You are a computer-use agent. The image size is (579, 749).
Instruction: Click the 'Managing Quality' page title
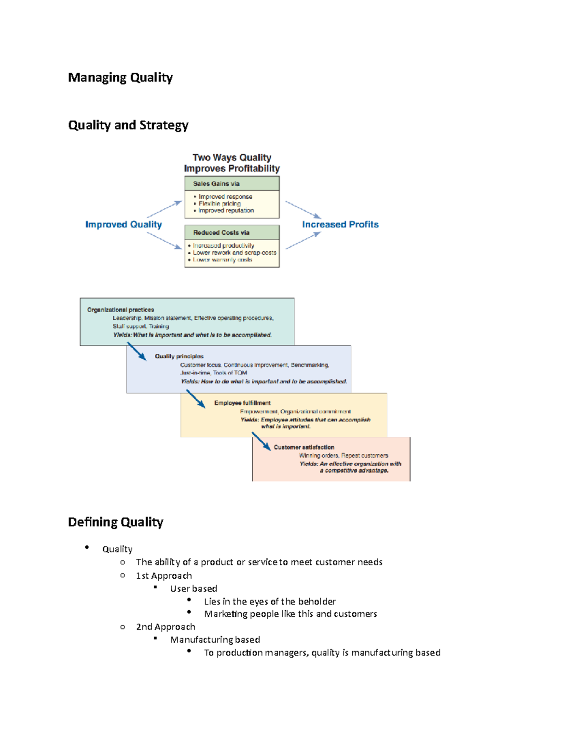120,78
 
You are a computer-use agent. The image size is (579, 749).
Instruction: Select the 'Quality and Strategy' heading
128,125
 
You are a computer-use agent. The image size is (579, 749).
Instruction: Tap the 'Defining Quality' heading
115,522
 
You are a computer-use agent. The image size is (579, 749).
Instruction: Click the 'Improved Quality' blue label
124,225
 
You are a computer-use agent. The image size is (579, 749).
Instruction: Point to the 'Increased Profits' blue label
340,225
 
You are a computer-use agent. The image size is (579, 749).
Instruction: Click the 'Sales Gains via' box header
216,184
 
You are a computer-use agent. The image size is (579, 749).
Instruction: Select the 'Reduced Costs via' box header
221,232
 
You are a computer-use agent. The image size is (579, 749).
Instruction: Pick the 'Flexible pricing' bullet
220,204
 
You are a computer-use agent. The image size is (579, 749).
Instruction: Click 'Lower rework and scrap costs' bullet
234,253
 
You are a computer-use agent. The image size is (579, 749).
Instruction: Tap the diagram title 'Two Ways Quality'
232,158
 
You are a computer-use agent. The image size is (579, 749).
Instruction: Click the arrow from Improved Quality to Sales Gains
164,209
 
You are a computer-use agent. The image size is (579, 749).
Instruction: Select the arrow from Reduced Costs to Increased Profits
303,241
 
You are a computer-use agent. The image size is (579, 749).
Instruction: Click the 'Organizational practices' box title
121,310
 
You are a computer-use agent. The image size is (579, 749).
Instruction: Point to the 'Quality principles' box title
179,356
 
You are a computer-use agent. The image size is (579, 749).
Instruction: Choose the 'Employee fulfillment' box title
242,403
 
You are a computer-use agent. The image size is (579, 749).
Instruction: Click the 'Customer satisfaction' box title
304,448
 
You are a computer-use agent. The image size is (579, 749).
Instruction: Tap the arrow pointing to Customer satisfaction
261,441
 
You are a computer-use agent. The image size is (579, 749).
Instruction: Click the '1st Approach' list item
164,576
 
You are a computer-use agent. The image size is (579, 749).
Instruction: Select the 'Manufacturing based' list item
215,640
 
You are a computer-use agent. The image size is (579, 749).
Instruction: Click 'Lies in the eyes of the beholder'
270,601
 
